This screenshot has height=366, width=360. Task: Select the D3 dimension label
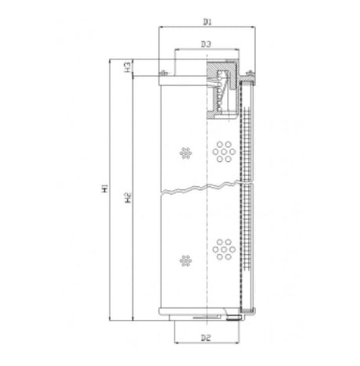[205, 45]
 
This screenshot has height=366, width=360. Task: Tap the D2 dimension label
[205, 337]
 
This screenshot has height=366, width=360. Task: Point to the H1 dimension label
[106, 190]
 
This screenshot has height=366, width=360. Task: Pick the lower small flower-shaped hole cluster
[185, 258]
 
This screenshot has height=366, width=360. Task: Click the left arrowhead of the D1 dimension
[161, 25]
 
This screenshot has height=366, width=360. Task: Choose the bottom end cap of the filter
[205, 315]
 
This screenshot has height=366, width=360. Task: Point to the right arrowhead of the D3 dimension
[234, 52]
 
